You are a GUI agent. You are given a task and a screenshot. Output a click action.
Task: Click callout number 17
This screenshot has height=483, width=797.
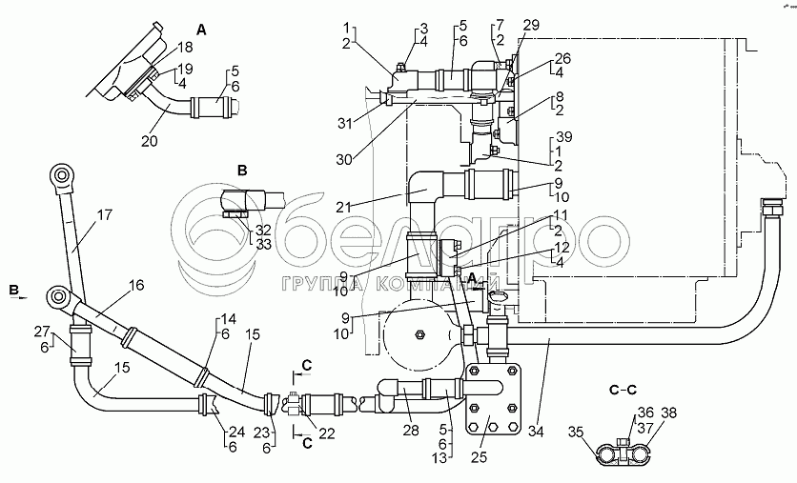(x=104, y=215)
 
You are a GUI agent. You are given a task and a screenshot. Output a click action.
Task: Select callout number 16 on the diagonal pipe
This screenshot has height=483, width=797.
(x=136, y=285)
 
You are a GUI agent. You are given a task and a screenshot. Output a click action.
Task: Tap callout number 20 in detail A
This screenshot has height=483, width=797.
(x=150, y=141)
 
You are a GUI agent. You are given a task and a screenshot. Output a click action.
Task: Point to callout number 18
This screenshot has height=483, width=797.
(x=186, y=48)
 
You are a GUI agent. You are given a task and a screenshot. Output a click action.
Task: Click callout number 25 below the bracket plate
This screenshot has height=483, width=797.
(x=479, y=456)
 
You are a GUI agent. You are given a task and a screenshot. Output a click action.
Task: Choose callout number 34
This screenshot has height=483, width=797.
(x=536, y=432)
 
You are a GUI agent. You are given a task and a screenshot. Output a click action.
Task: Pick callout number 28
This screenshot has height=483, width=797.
(x=411, y=431)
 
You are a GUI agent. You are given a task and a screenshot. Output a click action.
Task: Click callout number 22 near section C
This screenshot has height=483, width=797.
(x=327, y=433)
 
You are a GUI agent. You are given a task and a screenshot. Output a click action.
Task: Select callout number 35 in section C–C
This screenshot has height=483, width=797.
(x=576, y=433)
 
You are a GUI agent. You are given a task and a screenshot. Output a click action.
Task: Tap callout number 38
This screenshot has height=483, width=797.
(x=669, y=413)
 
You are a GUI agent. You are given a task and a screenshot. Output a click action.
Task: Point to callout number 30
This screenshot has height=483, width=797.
(x=344, y=159)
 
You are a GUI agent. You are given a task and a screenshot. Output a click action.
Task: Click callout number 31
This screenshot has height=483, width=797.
(x=345, y=123)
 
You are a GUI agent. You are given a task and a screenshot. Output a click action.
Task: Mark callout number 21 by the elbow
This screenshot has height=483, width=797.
(x=344, y=207)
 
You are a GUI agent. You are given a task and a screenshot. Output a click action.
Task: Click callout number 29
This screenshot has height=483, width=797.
(x=531, y=25)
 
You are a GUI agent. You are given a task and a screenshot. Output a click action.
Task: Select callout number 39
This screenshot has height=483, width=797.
(x=564, y=136)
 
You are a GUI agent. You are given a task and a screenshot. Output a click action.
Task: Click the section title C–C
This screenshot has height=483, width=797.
(x=623, y=390)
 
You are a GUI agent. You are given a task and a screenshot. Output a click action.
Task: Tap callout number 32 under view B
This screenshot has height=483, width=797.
(x=263, y=231)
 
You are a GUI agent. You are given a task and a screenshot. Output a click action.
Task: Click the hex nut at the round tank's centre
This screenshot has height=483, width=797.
(x=419, y=334)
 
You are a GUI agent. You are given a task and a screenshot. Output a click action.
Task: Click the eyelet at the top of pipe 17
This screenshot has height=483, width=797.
(x=62, y=176)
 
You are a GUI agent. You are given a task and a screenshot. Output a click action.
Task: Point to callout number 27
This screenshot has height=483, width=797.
(x=43, y=332)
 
